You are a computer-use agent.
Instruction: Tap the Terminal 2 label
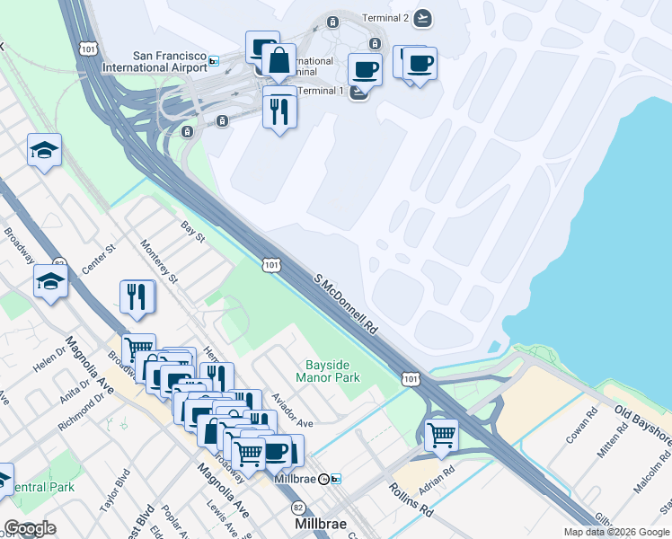tap(385, 18)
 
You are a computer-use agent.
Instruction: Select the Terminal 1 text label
tap(320, 91)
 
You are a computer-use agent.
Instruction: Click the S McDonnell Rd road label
tap(346, 305)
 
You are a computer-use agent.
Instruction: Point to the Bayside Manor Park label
tap(333, 372)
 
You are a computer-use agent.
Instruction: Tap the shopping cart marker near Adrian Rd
tap(441, 435)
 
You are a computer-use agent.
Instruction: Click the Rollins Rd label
tap(411, 500)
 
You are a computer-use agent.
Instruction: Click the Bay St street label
tap(194, 234)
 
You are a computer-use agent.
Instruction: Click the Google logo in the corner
tap(30, 528)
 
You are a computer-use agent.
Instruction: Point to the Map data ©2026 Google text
tap(615, 532)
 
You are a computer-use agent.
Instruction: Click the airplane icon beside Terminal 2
tap(423, 18)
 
